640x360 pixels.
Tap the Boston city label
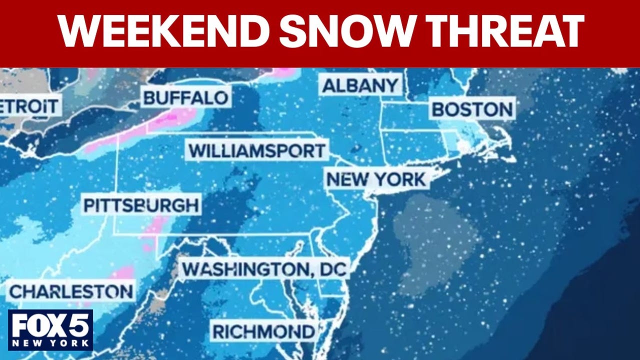472,109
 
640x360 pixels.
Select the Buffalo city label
186,97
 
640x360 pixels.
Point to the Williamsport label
257,150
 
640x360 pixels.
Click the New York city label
376,179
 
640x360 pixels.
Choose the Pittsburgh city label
140,205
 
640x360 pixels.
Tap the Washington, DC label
264,269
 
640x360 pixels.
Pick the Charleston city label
71,291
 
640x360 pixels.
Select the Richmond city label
263,331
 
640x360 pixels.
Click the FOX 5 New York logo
50,329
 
